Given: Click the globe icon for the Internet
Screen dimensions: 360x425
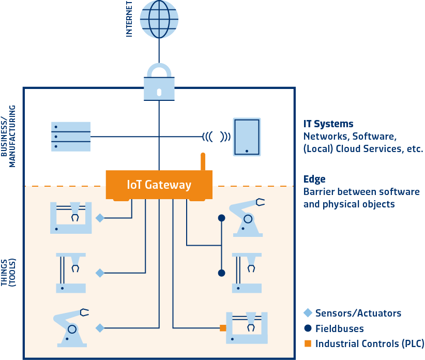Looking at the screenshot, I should tap(159, 19).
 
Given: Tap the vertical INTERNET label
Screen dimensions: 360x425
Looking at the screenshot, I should tap(129, 19).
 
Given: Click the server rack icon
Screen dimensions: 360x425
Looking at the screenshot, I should tap(71, 137).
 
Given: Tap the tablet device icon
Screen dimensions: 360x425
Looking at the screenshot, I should tap(247, 137).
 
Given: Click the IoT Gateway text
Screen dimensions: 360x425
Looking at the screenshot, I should tap(159, 185).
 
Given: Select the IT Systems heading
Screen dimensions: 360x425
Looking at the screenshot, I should tap(328, 124).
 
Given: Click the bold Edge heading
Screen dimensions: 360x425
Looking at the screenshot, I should tap(314, 179).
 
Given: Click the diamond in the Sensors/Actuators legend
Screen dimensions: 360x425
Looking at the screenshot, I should tap(308, 313).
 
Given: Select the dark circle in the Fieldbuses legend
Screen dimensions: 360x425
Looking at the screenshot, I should tap(308, 328).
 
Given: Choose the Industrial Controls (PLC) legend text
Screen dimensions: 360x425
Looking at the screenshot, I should tap(369, 343).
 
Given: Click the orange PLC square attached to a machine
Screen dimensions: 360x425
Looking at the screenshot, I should tap(223, 328).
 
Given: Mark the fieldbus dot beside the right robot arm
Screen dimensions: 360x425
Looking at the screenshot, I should tap(221, 218).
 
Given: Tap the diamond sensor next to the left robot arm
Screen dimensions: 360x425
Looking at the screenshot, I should tap(100, 328).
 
